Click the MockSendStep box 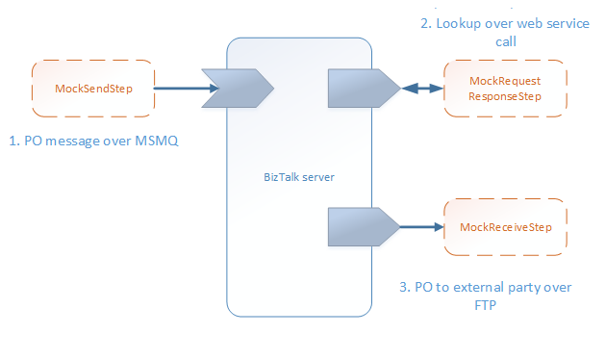coord(92,90)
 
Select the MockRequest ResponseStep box coord(504,90)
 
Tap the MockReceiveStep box coord(504,227)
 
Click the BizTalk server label coord(298,177)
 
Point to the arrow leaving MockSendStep coord(179,90)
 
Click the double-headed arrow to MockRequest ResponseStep coord(421,90)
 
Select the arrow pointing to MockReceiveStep coord(421,227)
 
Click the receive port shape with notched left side coord(237,90)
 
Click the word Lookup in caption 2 coord(457,24)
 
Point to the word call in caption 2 coord(507,41)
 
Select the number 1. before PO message coord(13,141)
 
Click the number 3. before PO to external coord(404,286)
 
